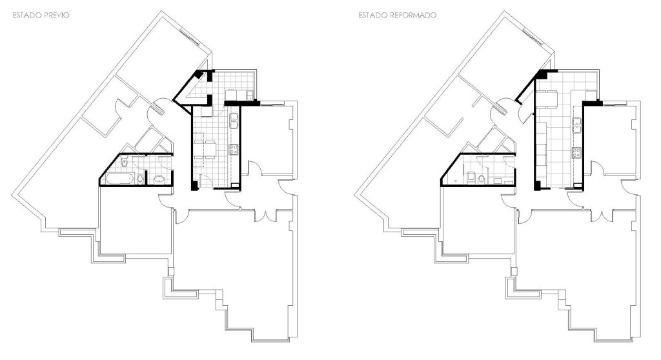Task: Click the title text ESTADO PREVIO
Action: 41,15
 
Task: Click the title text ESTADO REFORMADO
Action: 397,15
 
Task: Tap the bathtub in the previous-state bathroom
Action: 120,179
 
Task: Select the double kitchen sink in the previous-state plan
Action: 233,121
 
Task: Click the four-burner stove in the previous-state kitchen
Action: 234,149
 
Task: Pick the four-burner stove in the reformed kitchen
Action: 576,152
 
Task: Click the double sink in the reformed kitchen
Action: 576,125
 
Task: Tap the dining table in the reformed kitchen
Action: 550,99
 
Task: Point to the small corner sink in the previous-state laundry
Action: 250,95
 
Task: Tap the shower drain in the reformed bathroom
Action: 456,180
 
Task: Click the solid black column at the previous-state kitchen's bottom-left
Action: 194,185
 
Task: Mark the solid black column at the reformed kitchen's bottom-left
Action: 537,185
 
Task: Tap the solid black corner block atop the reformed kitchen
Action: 543,74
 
